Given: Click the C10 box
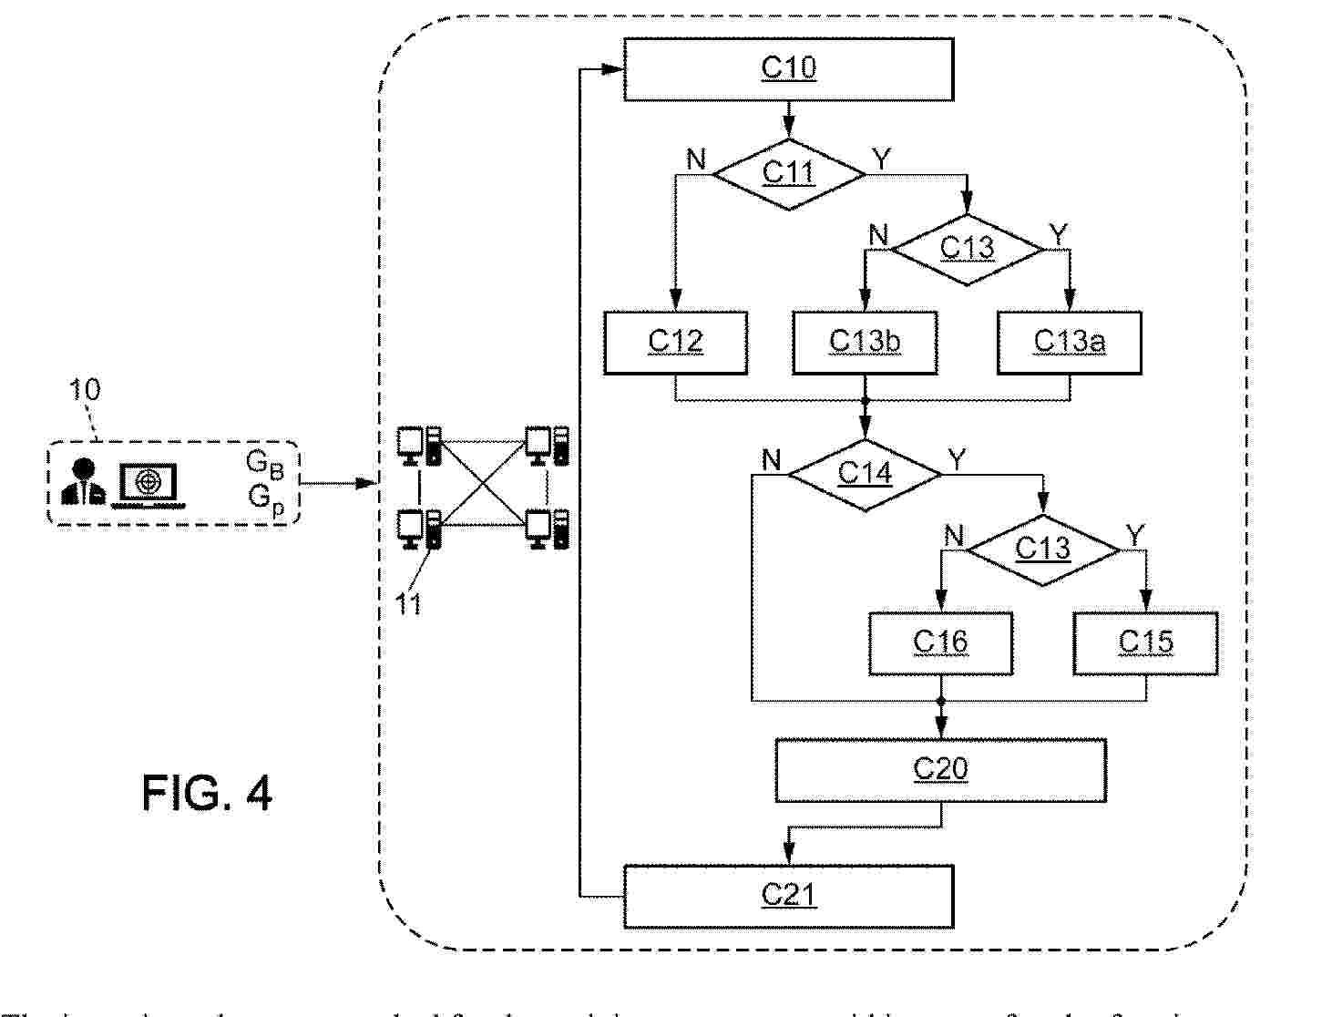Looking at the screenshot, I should tap(788, 69).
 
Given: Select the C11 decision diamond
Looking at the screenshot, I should tap(788, 173).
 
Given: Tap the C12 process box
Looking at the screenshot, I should tap(675, 343).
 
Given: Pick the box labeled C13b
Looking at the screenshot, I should tap(865, 343).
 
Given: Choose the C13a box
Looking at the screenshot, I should tap(1070, 343).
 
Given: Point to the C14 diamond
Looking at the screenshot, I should tap(865, 474).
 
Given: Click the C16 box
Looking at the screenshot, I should tap(940, 643).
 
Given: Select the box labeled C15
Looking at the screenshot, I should tap(1145, 643).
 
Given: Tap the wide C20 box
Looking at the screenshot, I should tap(940, 770).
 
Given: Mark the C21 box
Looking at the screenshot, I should tap(788, 896).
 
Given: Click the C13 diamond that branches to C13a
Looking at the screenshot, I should tap(967, 248).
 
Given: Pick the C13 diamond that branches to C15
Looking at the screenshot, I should tap(1042, 550).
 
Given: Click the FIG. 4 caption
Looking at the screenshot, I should tap(207, 793).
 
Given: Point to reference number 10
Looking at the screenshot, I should tap(85, 390).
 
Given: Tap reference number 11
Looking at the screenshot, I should tap(409, 603).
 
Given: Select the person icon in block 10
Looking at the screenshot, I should tap(83, 482).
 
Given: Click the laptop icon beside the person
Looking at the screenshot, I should tap(147, 483).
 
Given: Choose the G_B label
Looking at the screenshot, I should tap(264, 465).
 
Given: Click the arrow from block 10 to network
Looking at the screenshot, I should tap(337, 483).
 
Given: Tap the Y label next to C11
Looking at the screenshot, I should tap(882, 160).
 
